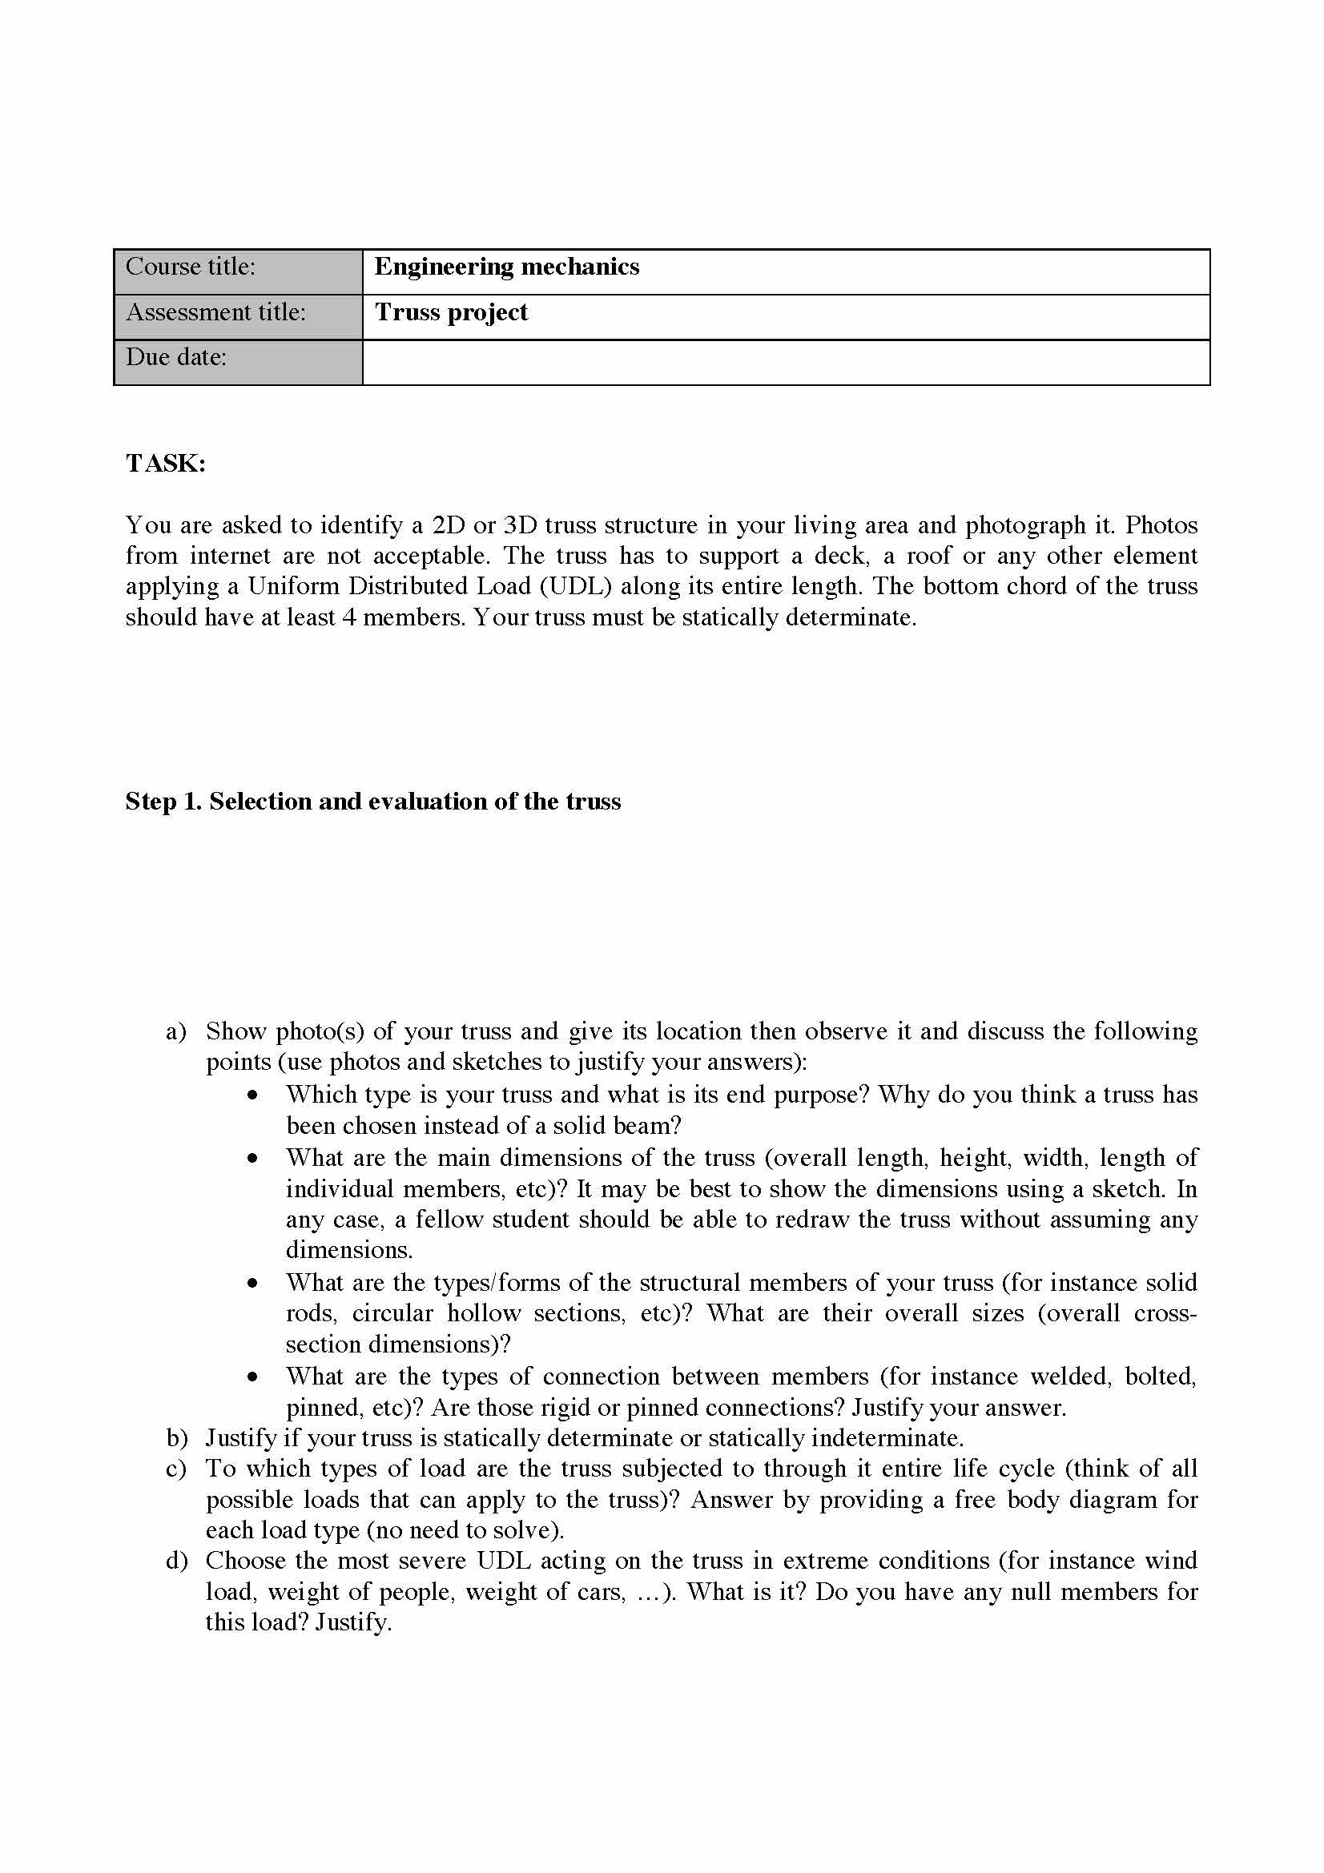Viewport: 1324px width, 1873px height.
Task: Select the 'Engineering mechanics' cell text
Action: click(506, 267)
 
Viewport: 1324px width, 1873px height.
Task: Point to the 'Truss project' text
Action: click(451, 312)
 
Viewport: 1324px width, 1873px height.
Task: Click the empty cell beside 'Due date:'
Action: click(786, 361)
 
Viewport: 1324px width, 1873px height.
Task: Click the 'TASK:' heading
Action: click(166, 464)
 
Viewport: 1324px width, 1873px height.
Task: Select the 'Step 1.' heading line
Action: click(372, 801)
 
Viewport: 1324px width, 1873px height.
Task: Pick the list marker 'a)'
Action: click(176, 1032)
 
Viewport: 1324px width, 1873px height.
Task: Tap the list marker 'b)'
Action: click(177, 1438)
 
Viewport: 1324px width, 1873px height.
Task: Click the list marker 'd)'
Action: click(177, 1562)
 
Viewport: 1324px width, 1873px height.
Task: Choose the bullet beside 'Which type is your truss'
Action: click(255, 1095)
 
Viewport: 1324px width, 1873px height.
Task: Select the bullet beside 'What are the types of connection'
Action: click(255, 1377)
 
